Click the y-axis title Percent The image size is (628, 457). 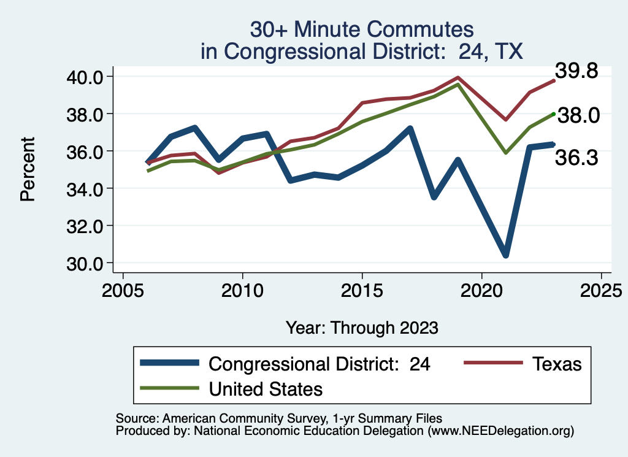coord(26,169)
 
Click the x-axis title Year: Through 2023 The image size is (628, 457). coord(362,328)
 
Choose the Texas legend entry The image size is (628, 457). coord(521,364)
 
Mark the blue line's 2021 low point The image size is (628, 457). coord(506,255)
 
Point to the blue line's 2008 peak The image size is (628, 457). coord(194,128)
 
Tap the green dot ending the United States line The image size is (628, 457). coord(554,113)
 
